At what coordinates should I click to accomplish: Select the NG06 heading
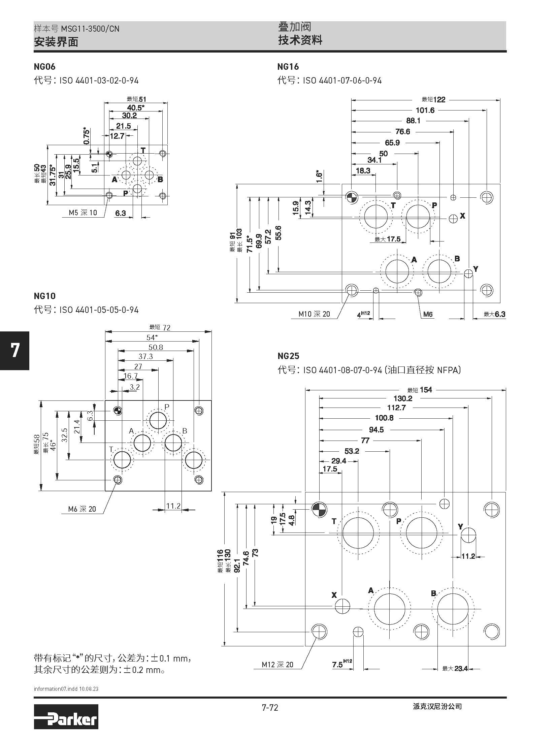coord(44,67)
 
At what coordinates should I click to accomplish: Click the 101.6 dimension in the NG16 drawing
coord(425,110)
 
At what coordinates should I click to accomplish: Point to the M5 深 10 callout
coord(83,213)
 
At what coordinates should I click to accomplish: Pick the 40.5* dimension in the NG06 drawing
coord(136,108)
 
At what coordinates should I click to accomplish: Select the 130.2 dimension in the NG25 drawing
coord(403,398)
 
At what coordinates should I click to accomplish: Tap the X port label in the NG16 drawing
coord(462,216)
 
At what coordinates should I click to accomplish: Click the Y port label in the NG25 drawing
coord(460,526)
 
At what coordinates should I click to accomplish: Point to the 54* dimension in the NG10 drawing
coord(152,337)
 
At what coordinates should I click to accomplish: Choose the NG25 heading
coord(288,356)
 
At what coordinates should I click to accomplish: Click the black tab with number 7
coord(14,350)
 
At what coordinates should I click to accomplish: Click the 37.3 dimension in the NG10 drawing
coord(145,356)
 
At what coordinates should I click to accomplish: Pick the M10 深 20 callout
coord(314,314)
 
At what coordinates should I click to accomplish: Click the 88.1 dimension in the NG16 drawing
coord(413,121)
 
